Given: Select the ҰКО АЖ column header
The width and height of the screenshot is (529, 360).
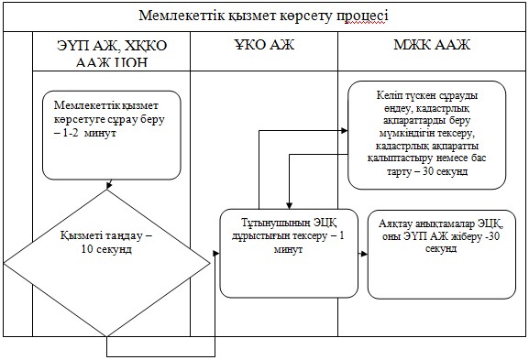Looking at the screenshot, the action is point(264,45).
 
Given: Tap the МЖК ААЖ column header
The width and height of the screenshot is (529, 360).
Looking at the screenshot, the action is point(432,45).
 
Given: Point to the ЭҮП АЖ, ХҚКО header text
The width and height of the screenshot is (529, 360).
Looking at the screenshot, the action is point(112,46).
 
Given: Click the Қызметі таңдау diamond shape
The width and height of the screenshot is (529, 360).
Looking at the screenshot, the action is point(107,263).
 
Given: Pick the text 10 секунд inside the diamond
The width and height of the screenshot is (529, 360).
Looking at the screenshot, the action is point(106,249).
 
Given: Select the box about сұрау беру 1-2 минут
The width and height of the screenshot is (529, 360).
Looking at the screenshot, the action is point(112,136).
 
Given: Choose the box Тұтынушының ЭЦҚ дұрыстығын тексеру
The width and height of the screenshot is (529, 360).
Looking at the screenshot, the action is point(289,254).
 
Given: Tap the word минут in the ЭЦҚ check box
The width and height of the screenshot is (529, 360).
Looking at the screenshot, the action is point(288,250).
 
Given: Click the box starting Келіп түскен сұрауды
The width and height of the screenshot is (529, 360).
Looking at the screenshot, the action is point(427,135).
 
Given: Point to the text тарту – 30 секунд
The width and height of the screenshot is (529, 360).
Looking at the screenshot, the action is point(427,171).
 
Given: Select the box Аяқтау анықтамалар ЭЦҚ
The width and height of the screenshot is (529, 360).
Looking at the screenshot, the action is point(442,255).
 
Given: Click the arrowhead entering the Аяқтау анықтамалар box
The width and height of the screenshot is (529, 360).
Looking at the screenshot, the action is point(364,254).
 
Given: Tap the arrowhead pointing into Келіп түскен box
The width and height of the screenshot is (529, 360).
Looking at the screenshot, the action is point(344,130).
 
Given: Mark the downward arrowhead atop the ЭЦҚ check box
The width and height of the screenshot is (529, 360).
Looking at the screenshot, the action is point(289,205).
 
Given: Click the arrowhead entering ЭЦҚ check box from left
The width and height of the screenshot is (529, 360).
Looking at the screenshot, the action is point(216,254).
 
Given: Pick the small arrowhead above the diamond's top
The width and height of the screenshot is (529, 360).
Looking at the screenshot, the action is point(108,185).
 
